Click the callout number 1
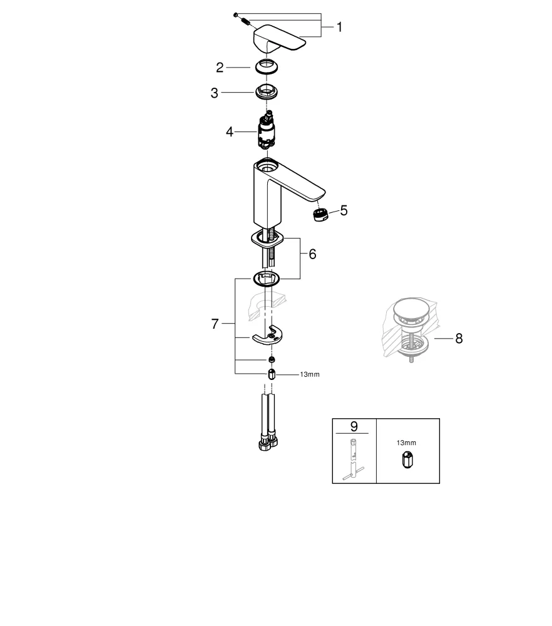(339, 27)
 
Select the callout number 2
(220, 67)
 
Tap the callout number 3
(215, 93)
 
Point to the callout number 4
(230, 132)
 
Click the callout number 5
(344, 210)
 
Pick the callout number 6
(312, 254)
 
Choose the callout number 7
(215, 324)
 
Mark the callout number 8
(459, 339)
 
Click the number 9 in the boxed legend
(354, 426)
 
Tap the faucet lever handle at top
(279, 39)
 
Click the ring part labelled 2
(268, 66)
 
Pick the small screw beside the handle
(245, 23)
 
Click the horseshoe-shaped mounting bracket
(267, 337)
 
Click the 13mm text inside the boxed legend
(406, 443)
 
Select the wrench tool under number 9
(352, 459)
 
